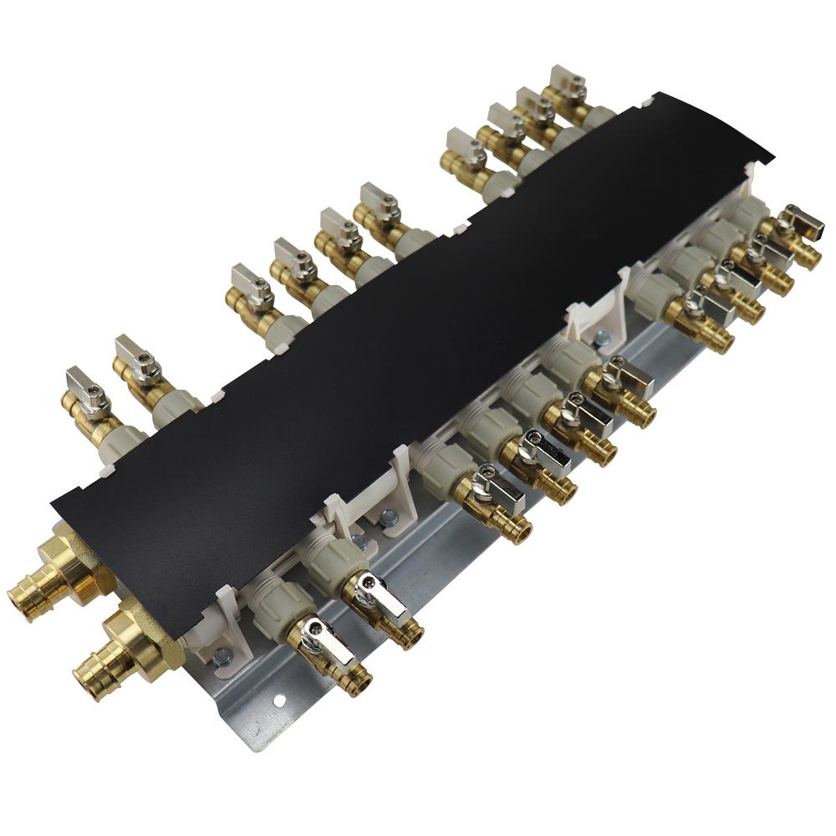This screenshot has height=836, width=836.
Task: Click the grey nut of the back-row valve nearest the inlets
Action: tap(117, 444)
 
